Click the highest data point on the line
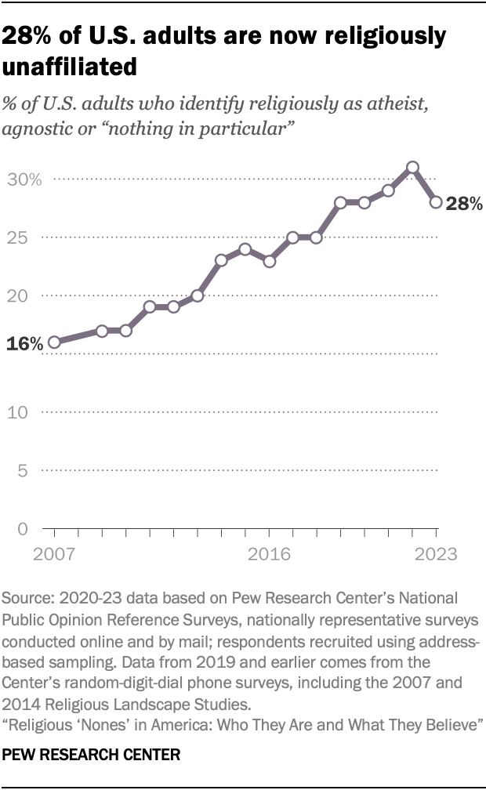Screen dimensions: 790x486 [412, 167]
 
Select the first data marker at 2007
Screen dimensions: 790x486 [54, 342]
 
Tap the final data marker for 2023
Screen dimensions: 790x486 [436, 202]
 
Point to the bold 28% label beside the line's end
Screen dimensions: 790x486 [463, 205]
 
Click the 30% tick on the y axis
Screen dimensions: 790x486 [25, 179]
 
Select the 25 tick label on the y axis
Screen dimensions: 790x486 [20, 237]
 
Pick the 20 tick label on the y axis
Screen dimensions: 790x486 [20, 295]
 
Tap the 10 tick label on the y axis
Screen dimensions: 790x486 [20, 412]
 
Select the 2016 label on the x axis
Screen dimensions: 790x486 [269, 554]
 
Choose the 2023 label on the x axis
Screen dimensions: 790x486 [436, 554]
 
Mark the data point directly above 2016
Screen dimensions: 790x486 [269, 261]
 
